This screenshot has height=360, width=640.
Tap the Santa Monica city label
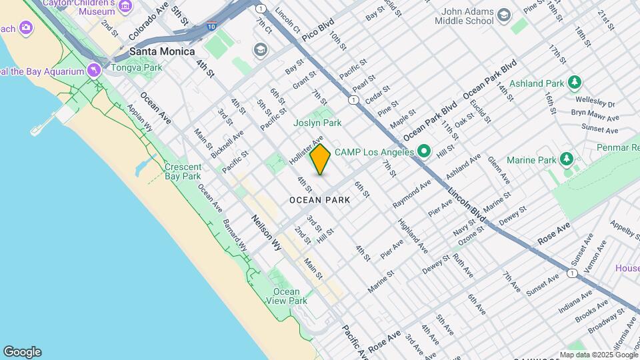162,51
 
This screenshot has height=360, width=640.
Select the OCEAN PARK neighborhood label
320,199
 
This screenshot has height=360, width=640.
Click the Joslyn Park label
317,123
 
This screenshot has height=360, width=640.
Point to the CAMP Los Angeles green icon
423,152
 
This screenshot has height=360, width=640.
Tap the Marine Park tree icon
566,159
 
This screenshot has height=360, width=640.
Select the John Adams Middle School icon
505,15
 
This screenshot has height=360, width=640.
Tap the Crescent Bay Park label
183,172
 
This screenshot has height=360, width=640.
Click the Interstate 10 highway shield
211,26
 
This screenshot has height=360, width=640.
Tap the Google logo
22,351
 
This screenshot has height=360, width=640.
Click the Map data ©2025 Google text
598,355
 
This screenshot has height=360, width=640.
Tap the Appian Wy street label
140,120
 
